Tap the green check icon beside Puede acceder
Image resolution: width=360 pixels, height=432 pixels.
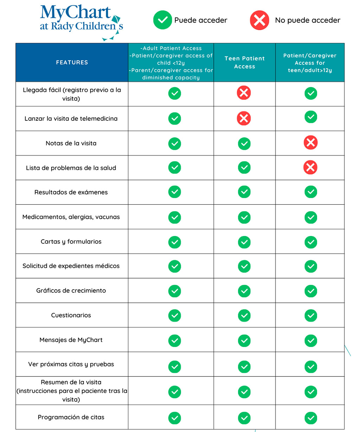162,20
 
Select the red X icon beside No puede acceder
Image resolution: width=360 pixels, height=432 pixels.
259,20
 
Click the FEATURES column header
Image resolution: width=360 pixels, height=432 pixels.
72,63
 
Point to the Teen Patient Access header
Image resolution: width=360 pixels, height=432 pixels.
244,63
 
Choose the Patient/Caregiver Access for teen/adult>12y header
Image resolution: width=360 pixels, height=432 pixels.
310,63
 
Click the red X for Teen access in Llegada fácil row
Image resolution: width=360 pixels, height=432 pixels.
244,93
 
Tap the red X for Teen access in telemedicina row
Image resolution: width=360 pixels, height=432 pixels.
244,118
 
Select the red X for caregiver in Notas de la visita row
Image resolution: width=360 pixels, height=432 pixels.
310,143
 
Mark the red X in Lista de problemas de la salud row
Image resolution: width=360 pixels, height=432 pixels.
310,168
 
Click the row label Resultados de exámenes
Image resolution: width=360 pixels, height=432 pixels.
71,192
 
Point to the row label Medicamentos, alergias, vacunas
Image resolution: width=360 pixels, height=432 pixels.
71,217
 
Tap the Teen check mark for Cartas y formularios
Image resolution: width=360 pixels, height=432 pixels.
244,242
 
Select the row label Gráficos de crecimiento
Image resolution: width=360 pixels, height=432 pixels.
71,291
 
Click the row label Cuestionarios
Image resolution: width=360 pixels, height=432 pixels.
71,315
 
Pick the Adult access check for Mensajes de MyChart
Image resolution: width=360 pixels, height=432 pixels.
174,340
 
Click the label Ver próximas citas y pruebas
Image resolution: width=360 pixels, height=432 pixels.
71,365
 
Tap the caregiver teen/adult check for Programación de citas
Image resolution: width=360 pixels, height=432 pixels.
311,418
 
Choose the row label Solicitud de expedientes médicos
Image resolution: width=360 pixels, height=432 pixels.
71,266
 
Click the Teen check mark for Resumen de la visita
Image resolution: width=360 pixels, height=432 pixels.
244,392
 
